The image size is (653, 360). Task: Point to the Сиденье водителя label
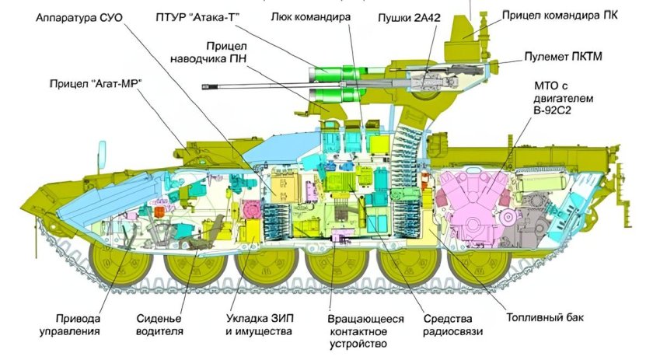(x=159, y=325)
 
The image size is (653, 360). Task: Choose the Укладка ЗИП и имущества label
(x=258, y=325)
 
